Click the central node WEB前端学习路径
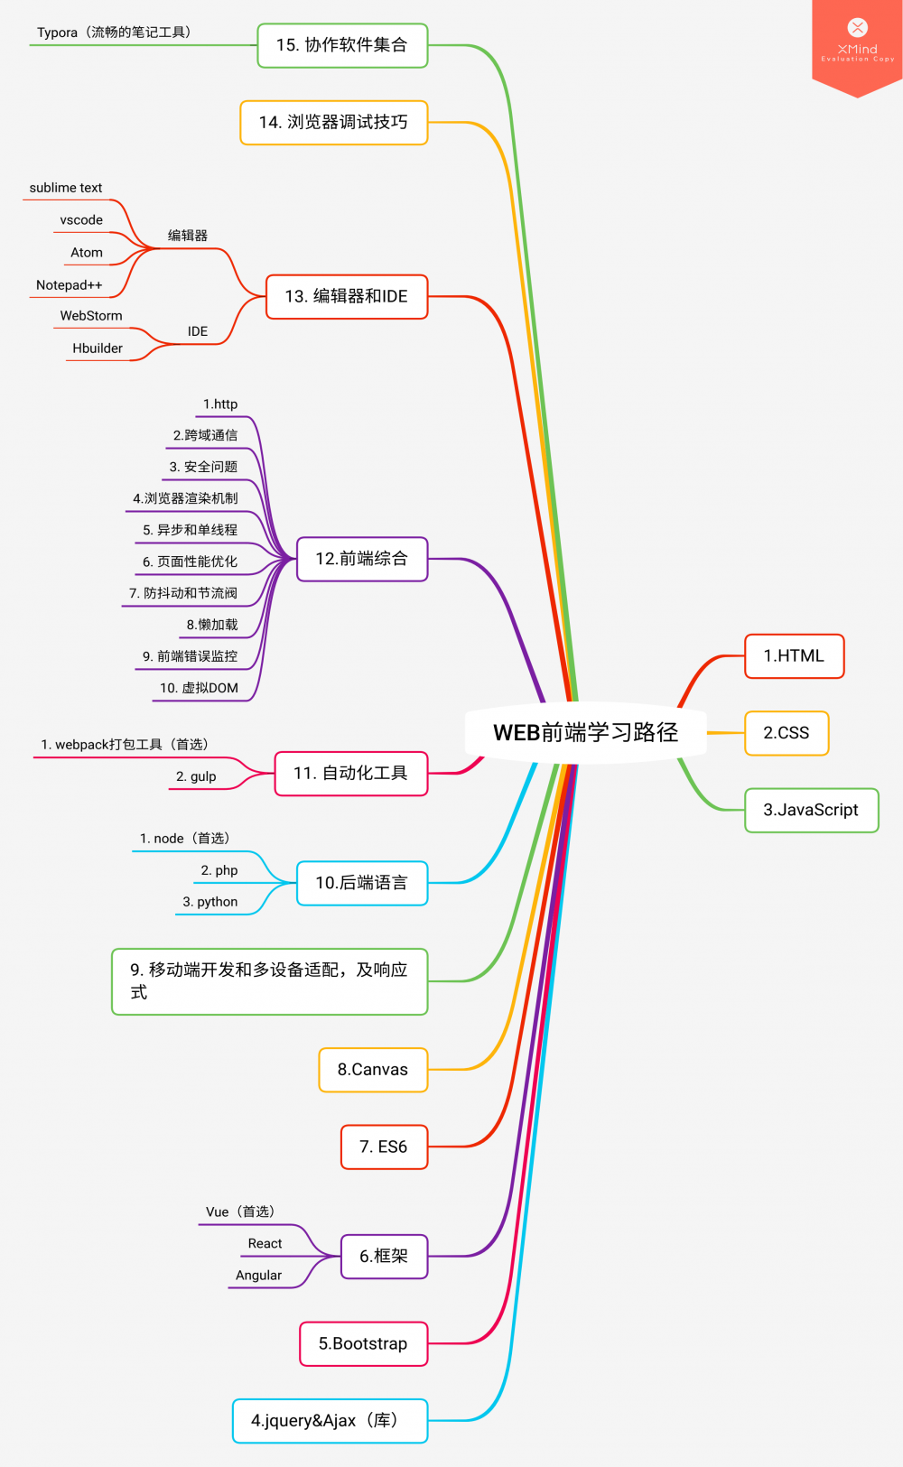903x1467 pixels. point(585,732)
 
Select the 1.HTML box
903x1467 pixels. point(794,656)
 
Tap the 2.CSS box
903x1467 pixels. point(786,733)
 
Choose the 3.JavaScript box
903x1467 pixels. point(810,810)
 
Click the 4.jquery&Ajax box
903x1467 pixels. point(330,1421)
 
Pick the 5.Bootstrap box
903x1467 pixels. point(363,1343)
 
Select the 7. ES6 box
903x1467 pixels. point(384,1147)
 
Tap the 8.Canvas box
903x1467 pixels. point(373,1070)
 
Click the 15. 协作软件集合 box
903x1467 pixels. point(342,45)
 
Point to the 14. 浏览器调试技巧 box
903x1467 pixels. point(333,122)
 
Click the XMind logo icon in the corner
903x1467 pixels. point(858,28)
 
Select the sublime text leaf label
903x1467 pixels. point(66,188)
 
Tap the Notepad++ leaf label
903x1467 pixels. point(70,285)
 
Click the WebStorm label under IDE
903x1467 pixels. point(91,316)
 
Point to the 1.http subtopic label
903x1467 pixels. point(220,404)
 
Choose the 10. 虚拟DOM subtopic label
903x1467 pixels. point(200,688)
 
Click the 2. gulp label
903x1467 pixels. point(196,776)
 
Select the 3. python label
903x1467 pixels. point(210,902)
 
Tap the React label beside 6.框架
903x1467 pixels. point(265,1243)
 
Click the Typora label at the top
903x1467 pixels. point(114,32)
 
